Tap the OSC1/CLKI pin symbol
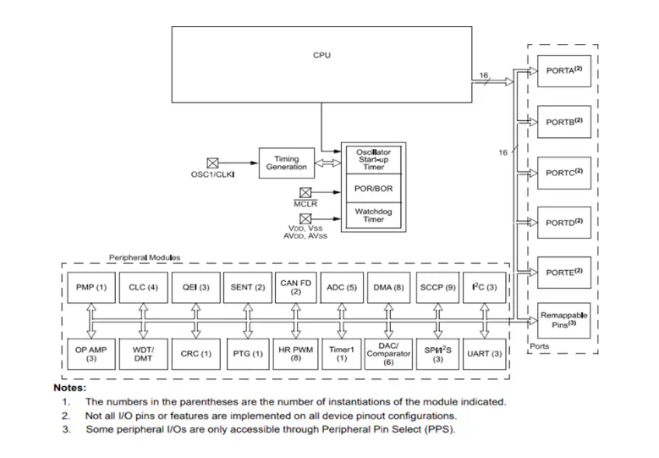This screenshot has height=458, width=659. tap(212, 163)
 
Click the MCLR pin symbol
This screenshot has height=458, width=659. tap(305, 192)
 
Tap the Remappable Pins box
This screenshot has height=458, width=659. tap(564, 321)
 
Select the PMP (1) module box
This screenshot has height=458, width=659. tap(90, 288)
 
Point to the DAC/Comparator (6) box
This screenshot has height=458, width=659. tap(388, 353)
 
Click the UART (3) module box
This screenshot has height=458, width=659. tap(484, 353)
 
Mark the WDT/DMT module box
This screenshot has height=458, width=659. tap(141, 353)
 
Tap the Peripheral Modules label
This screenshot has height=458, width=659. tap(144, 257)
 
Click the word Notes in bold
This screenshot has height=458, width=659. tap(70, 386)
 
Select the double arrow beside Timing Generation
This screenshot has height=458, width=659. tap(327, 163)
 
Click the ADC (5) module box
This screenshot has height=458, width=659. tap(342, 288)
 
